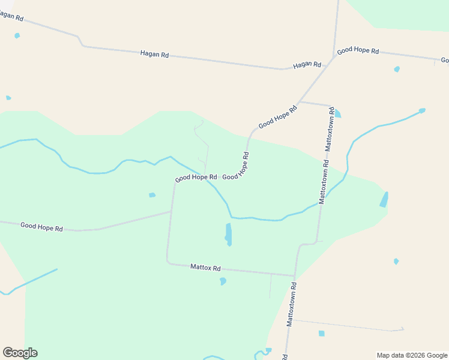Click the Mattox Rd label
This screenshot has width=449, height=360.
click(205, 267)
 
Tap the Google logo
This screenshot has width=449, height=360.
click(20, 353)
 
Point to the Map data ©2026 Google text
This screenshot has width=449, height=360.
click(412, 355)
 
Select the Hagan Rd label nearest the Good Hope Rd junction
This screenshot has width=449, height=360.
click(307, 64)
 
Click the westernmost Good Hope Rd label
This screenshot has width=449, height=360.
click(41, 227)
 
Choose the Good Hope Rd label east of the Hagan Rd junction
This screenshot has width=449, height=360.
click(358, 51)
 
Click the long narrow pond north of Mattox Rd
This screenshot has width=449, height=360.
click(228, 234)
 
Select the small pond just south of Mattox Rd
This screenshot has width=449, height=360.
click(223, 281)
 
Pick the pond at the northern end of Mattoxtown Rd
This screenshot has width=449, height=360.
click(337, 113)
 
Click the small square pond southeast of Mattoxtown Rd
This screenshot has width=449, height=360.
click(321, 333)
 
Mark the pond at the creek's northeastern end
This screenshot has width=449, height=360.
click(422, 110)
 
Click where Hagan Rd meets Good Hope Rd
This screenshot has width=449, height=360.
click(334, 58)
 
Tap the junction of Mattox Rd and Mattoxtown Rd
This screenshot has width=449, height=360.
click(295, 275)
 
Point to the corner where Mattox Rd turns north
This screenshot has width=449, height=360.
click(167, 262)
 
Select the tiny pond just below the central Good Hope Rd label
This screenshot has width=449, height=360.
click(152, 195)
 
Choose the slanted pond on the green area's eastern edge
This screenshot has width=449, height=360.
click(384, 200)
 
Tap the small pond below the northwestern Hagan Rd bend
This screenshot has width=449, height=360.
click(17, 35)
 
